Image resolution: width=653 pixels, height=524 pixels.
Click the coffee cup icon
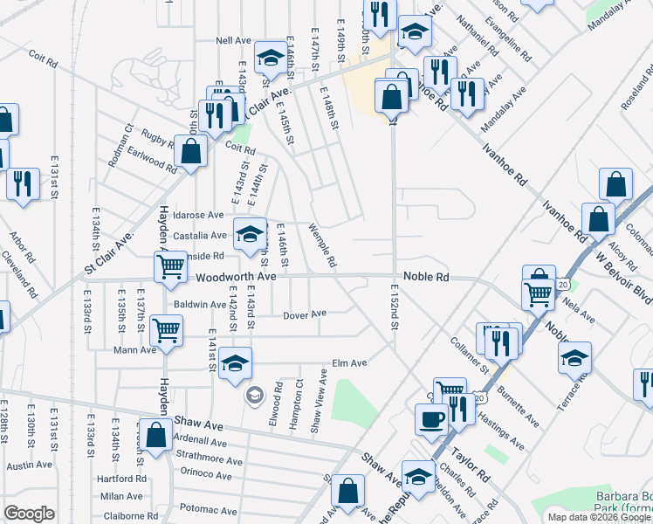tap(430, 419)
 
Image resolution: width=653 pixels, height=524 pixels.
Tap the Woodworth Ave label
tap(236, 277)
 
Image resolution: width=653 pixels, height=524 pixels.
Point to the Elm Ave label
tap(349, 363)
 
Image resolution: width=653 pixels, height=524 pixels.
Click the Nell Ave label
tap(233, 41)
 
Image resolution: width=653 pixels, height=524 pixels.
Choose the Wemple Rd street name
tap(322, 245)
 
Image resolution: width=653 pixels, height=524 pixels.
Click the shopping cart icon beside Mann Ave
tap(166, 331)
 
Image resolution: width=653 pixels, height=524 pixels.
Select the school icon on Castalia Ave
tap(250, 233)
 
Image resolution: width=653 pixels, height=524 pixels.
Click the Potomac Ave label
tap(208, 510)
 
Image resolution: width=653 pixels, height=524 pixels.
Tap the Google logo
tap(29, 514)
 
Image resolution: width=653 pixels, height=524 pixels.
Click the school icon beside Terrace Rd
tap(574, 357)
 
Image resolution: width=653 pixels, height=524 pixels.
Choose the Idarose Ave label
tap(198, 215)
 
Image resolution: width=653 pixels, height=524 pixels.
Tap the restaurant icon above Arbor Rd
tap(23, 183)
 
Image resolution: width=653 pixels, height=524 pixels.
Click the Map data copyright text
tap(599, 517)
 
